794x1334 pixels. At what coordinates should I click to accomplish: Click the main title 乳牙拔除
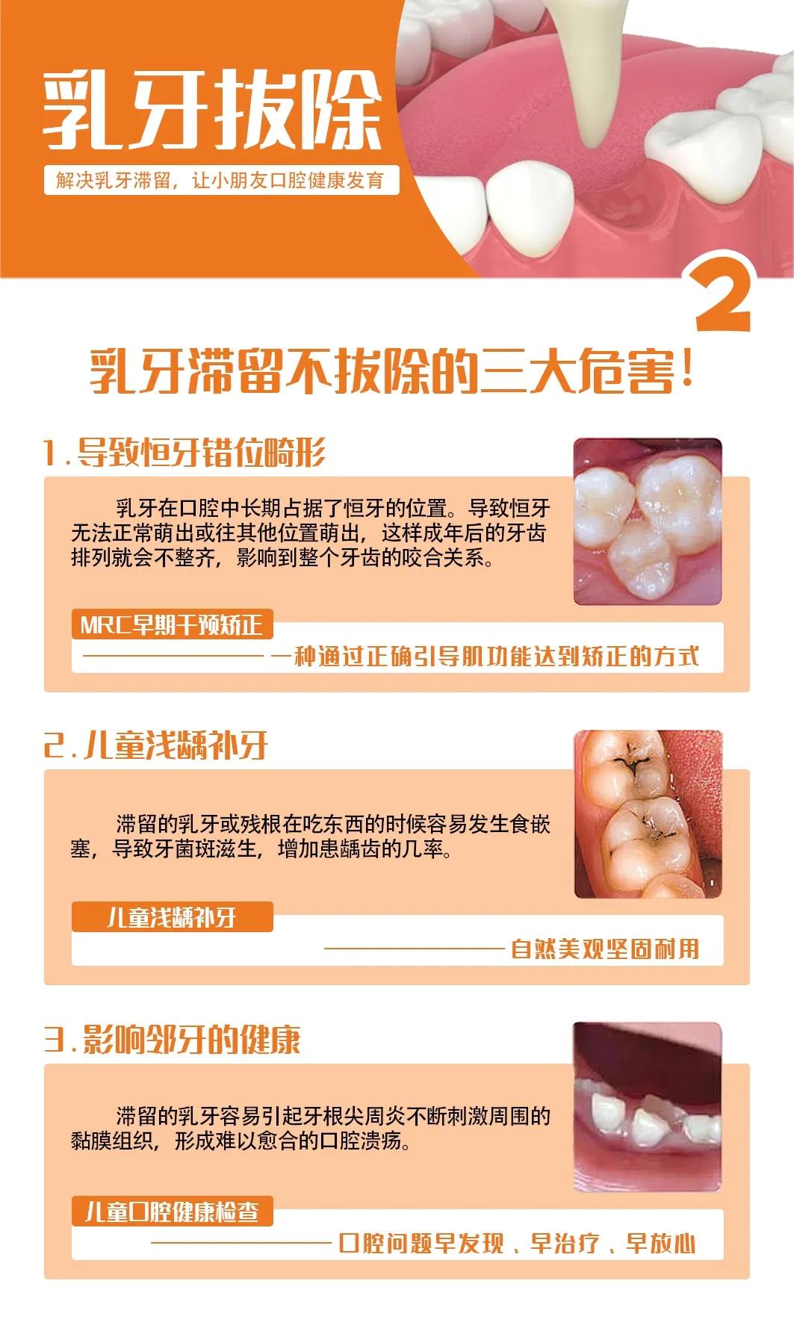(212, 111)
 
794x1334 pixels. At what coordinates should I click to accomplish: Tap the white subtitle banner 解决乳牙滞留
(220, 180)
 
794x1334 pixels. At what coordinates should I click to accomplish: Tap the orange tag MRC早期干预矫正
(172, 624)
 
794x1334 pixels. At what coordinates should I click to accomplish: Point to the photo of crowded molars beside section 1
(647, 521)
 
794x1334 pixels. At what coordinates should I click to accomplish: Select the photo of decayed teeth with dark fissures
(647, 813)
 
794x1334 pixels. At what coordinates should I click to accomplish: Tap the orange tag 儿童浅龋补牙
(172, 916)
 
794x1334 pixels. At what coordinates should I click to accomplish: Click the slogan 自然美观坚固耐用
(605, 949)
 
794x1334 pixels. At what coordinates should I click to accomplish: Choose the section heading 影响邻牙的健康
(173, 1039)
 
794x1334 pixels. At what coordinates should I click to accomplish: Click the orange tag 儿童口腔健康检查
(172, 1211)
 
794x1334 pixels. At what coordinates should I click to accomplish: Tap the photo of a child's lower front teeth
(647, 1106)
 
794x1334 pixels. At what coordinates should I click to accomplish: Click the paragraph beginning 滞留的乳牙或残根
(310, 837)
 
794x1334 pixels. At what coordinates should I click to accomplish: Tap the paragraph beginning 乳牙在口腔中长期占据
(310, 533)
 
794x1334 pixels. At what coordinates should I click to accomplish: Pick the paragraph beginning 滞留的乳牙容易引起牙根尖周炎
(310, 1128)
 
